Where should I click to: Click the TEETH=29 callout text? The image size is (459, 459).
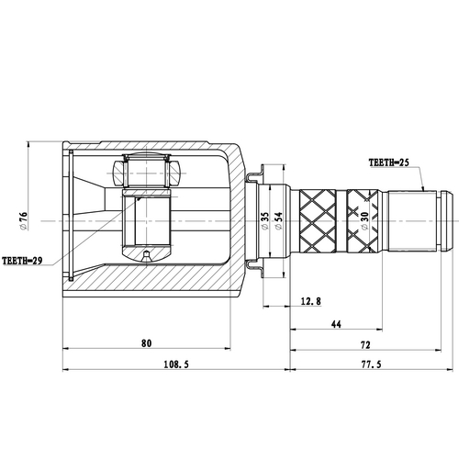(23, 260)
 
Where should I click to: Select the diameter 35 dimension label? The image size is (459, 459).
(264, 221)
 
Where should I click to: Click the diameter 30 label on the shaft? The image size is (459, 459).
(365, 221)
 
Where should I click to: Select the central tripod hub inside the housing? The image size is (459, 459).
(147, 220)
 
